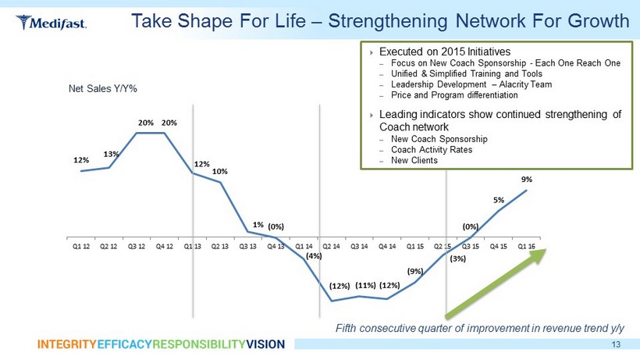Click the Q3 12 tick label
point(137,245)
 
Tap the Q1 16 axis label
point(526,245)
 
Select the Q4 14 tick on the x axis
point(387,245)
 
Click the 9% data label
point(527,179)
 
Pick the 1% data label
point(258,224)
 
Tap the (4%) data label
point(314,255)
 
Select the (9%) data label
point(415,271)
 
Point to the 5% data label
point(498,200)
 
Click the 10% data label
point(220,171)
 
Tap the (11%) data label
point(366,285)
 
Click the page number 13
point(617,344)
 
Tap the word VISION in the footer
point(265,344)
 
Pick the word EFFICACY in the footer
point(125,344)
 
